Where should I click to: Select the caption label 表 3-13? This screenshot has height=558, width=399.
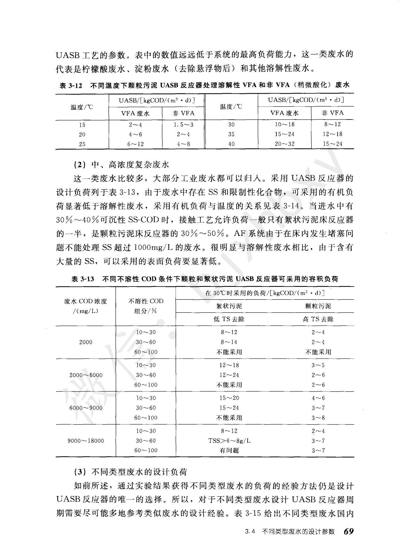coord(83,279)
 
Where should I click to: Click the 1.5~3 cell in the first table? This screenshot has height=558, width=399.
coord(183,125)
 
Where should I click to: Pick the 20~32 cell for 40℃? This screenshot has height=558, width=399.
coord(284,144)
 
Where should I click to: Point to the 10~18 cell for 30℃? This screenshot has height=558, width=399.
coord(284,124)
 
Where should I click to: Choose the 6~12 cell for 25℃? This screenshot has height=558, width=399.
coord(136,144)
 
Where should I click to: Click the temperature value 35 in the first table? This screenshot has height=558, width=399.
coord(231,134)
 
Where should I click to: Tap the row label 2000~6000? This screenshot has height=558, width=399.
coord(86,375)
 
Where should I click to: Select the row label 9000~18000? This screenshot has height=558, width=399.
coord(86,441)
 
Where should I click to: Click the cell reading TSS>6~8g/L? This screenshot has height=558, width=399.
coord(229,441)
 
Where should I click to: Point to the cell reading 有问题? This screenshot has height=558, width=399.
coord(229,450)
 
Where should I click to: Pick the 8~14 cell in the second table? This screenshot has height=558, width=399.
coord(229,342)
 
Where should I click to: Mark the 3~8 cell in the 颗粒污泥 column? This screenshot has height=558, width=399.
coord(318,418)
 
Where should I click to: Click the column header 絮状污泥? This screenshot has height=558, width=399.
coord(229,306)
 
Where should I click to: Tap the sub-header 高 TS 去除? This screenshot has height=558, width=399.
coord(318,319)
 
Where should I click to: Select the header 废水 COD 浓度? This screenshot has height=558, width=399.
coord(86,301)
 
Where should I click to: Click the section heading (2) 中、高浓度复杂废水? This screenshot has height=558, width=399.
coord(121,165)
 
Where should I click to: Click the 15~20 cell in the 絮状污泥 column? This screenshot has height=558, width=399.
coord(229,398)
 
